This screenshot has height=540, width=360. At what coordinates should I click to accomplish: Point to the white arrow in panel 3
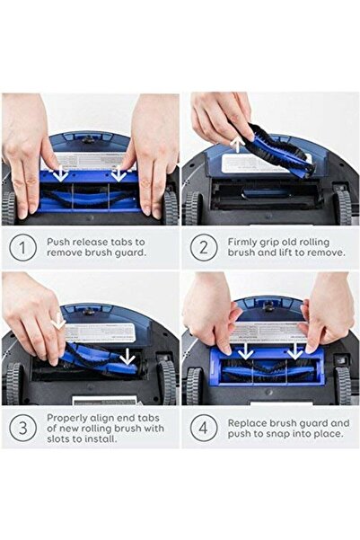click(57, 321)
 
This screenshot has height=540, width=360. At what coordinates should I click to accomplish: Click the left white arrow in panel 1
click(58, 171)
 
